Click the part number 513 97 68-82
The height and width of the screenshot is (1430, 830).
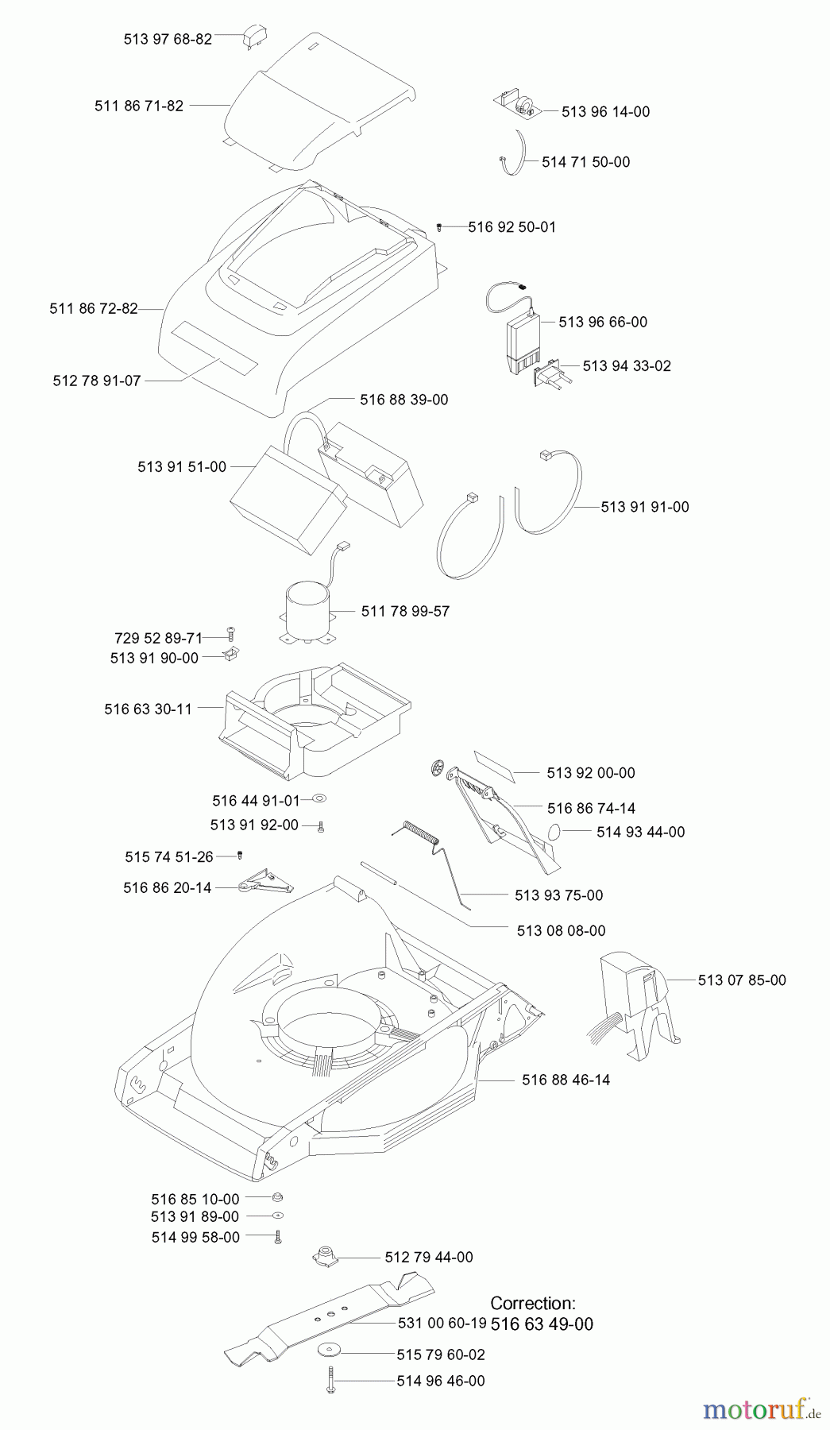(168, 39)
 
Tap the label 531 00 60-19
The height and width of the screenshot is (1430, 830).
(442, 1324)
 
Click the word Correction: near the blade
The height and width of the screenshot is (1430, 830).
(532, 1303)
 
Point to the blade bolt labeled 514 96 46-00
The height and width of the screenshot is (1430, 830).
(330, 1381)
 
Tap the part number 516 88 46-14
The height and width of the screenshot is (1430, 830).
(566, 1080)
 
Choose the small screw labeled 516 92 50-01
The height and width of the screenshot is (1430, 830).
(439, 227)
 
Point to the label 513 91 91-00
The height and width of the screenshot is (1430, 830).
(644, 507)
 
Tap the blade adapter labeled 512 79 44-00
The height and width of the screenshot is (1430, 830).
(324, 1256)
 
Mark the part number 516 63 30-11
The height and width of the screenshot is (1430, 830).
(148, 709)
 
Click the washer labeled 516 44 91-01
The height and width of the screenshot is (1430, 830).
(319, 799)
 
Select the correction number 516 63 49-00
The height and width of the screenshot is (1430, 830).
(542, 1324)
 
